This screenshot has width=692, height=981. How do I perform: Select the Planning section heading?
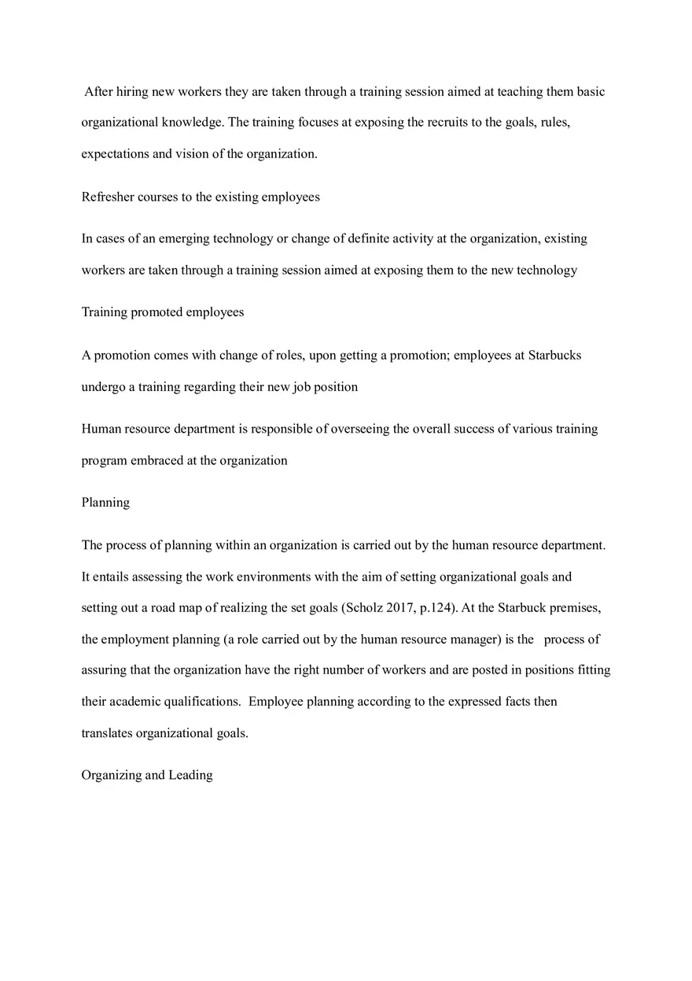(x=105, y=502)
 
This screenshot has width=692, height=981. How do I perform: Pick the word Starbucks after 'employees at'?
(x=554, y=355)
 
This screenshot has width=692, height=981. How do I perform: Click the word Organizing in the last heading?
(x=112, y=775)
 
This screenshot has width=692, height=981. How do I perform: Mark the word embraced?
(x=156, y=460)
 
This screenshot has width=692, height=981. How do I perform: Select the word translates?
(x=107, y=732)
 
